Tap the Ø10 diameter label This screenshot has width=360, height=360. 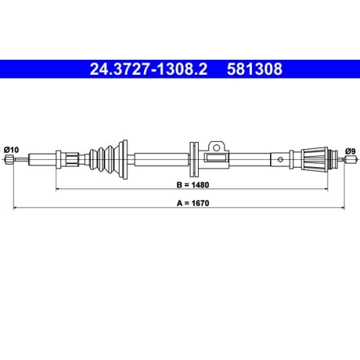click(11, 149)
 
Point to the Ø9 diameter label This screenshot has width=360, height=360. click(350, 150)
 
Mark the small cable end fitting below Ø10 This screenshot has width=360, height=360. click(9, 159)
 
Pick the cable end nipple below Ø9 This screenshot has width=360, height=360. click(349, 160)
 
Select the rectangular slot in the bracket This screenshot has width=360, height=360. click(214, 157)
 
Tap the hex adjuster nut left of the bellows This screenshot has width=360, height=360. click(72, 159)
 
